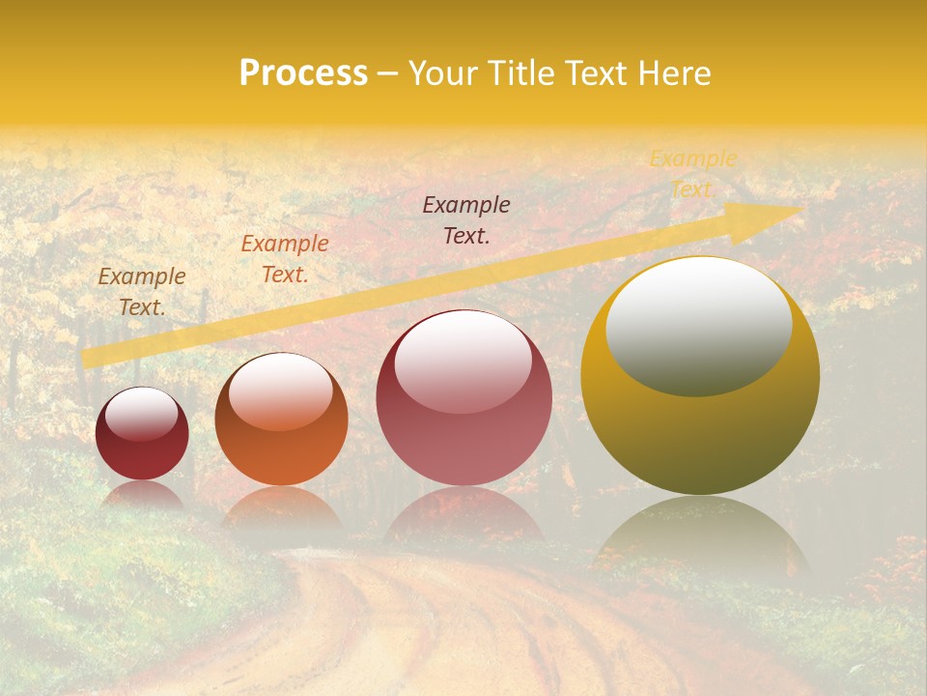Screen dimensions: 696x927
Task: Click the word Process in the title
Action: (303, 73)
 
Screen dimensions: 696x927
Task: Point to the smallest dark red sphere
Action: (142, 434)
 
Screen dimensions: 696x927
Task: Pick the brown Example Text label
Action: (142, 292)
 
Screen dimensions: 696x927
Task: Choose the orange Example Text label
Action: (285, 259)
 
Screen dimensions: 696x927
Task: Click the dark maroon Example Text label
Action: (466, 219)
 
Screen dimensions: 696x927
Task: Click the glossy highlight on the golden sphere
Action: (698, 326)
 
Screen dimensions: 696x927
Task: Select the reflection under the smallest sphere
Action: (142, 496)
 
